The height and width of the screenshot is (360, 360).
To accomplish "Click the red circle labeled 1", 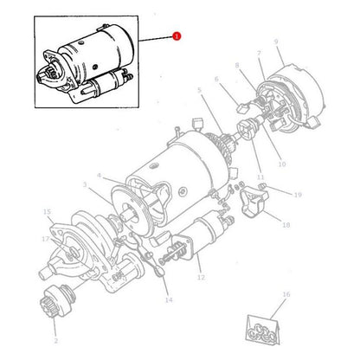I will click(176, 36).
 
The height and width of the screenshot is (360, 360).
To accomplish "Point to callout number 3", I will click(85, 184).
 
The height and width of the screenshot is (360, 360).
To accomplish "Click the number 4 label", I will click(100, 176).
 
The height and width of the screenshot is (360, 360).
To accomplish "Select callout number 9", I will click(276, 42).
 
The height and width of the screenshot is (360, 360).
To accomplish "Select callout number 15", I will click(48, 210).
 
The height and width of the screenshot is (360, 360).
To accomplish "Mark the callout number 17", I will click(45, 238).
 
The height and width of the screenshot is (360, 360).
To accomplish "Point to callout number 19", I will click(298, 196).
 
